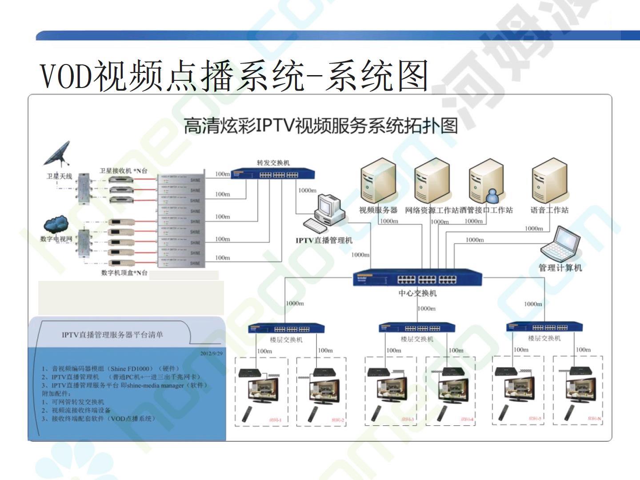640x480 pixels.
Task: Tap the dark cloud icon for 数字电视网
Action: [56, 224]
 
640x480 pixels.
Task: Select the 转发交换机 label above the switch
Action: [273, 163]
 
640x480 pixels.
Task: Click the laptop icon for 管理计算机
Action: [561, 244]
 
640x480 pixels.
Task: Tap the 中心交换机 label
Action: [417, 293]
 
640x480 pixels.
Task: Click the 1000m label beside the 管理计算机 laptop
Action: [475, 240]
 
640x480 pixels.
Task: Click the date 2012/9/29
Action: [212, 353]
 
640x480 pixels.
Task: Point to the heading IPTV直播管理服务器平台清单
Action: [112, 335]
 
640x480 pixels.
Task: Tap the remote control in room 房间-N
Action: [569, 412]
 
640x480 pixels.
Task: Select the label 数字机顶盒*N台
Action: [124, 272]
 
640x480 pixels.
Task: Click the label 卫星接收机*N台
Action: [123, 171]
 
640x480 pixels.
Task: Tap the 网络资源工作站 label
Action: [431, 210]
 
